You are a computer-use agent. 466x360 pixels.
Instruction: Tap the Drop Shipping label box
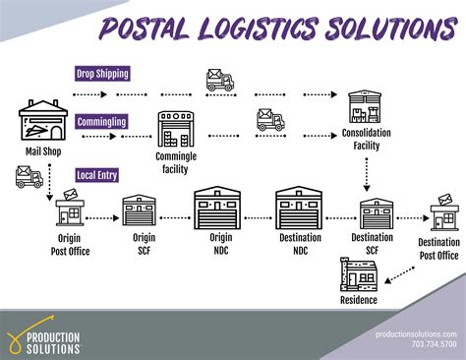[103, 74]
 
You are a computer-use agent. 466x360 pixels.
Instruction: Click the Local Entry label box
[98, 175]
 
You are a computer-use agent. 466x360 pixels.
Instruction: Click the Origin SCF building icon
[140, 211]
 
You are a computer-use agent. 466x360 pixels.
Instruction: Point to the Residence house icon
[358, 274]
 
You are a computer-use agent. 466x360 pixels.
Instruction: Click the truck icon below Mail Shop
[29, 177]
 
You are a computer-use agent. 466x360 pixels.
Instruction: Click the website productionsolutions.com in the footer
[417, 334]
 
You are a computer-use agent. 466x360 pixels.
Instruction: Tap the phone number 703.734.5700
[433, 346]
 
